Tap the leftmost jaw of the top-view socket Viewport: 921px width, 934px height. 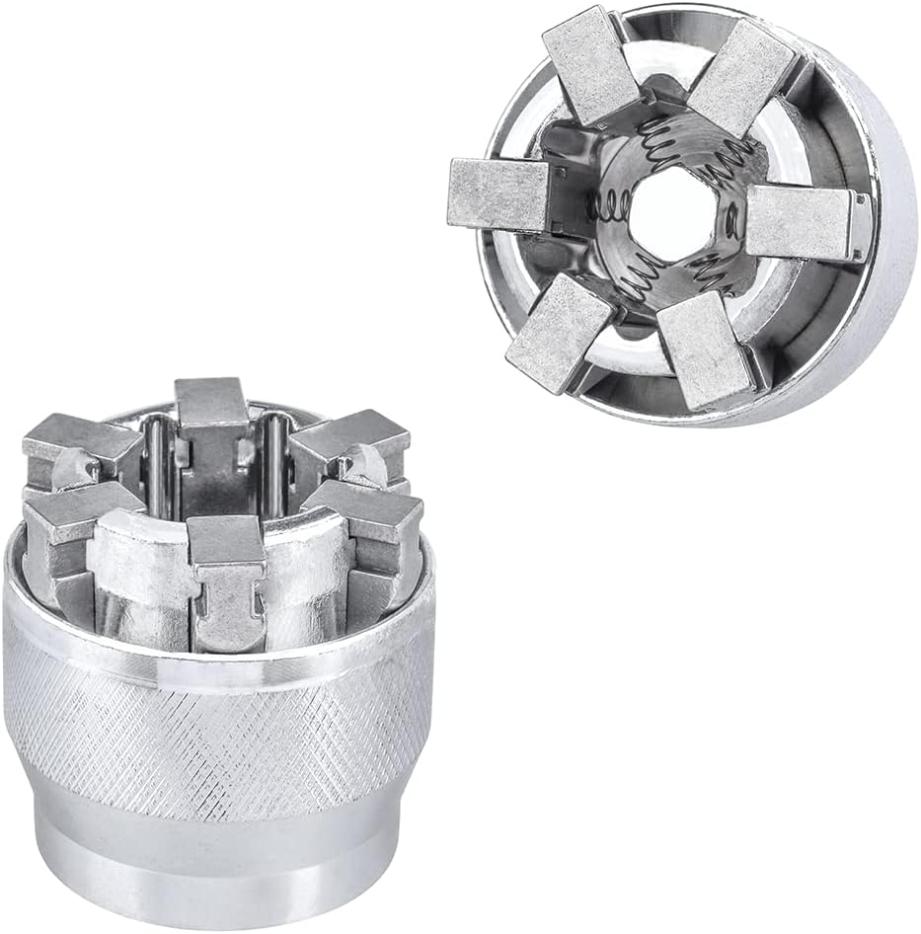click(498, 194)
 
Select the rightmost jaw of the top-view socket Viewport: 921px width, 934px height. click(798, 222)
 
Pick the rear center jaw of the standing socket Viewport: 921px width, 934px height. click(212, 425)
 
